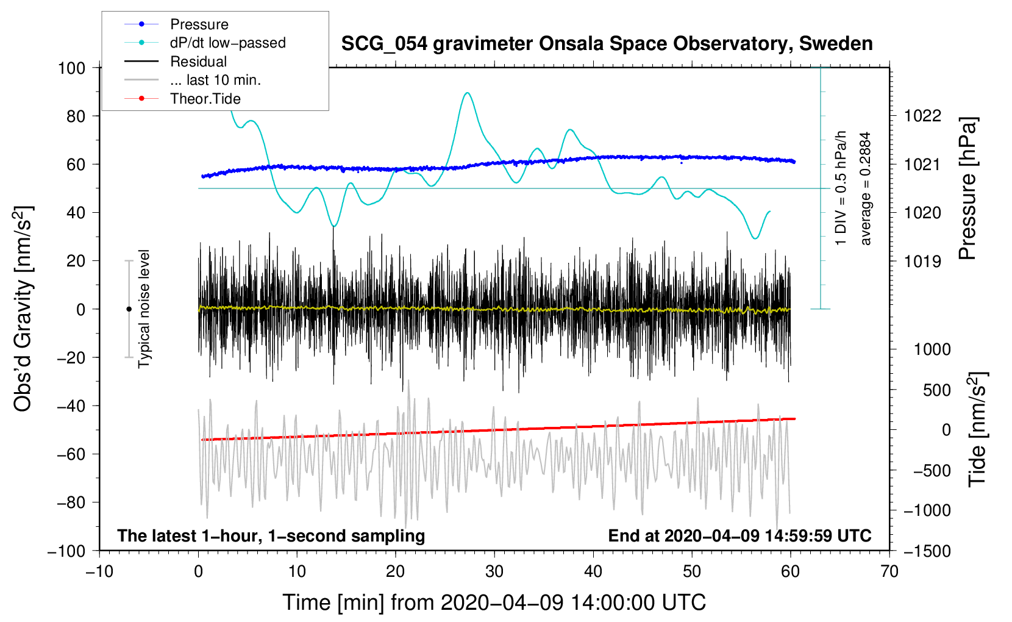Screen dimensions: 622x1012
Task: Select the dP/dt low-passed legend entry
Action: pos(227,43)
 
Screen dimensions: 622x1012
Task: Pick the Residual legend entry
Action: pos(198,62)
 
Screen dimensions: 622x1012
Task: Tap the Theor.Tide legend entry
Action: pos(205,99)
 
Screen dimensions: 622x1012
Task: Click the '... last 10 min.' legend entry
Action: pos(215,80)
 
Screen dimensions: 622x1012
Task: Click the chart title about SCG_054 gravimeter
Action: pos(607,44)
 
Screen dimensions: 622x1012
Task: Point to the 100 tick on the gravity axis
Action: pos(71,68)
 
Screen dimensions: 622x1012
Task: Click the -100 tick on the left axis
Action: pos(66,551)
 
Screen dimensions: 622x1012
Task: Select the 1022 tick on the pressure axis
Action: pos(922,116)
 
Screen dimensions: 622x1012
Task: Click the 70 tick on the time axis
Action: pos(889,571)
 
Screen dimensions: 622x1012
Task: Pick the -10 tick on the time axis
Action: pos(99,571)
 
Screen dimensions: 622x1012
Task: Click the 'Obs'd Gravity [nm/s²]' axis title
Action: pos(23,309)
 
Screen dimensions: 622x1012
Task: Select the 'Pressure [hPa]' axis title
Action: pos(967,189)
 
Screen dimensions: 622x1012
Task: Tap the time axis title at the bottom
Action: pos(494,602)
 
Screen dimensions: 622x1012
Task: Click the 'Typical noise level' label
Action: pos(144,309)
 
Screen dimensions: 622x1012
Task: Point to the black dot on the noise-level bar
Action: pos(129,309)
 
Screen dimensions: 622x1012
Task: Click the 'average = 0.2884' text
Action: pos(866,189)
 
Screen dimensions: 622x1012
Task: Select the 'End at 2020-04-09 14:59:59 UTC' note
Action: pos(739,536)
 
